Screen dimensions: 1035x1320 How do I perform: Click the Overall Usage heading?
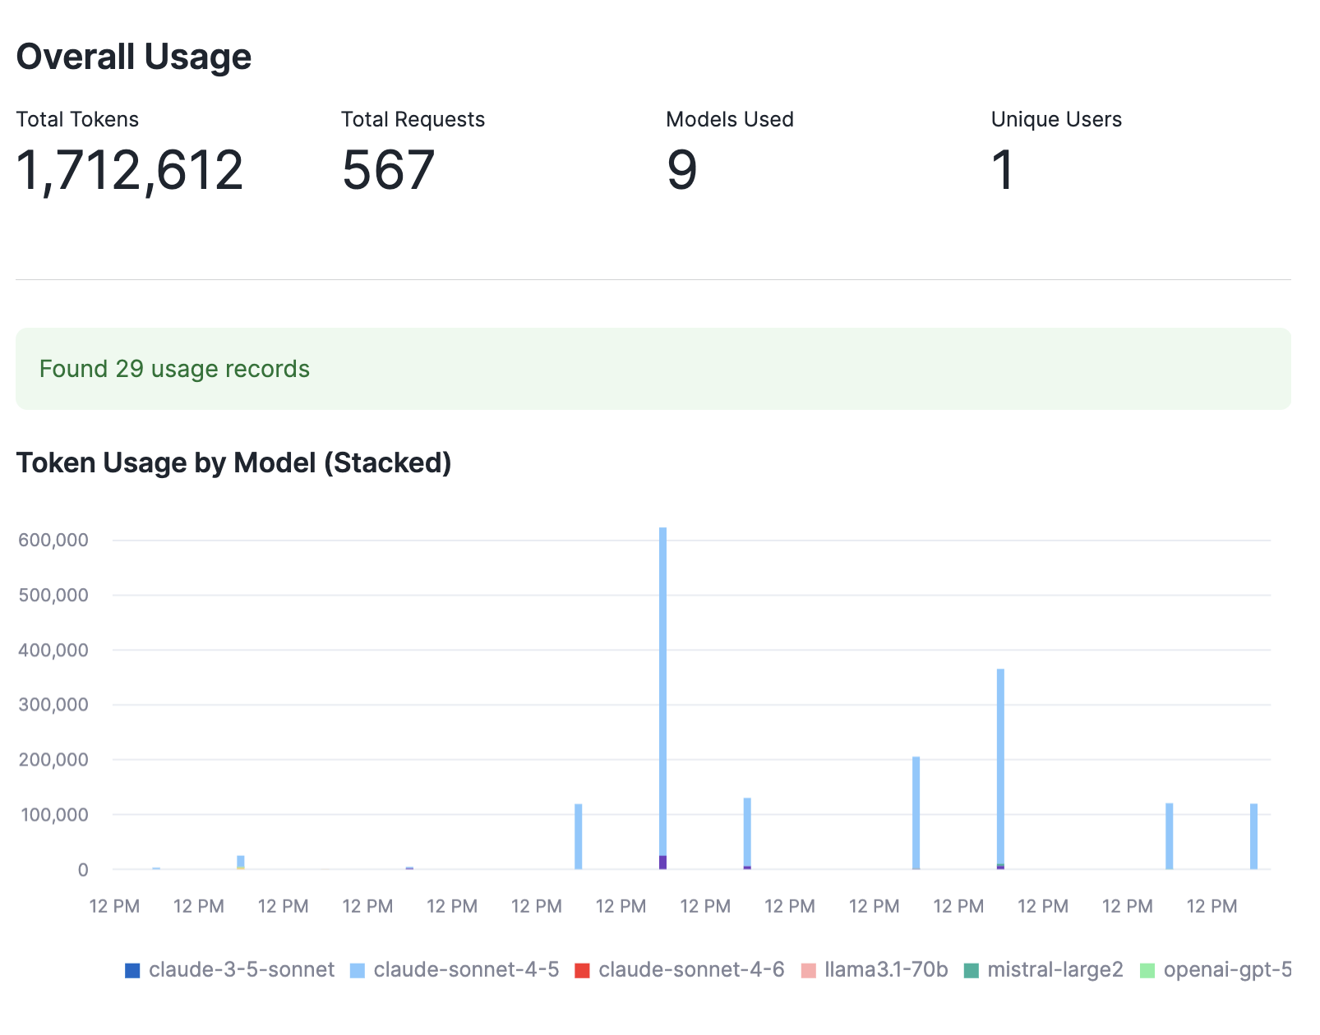pyautogui.click(x=134, y=57)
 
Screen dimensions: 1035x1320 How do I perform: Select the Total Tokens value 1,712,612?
pyautogui.click(x=130, y=170)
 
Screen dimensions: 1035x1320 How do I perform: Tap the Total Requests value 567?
pyautogui.click(x=388, y=170)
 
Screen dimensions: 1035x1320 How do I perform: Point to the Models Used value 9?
pyautogui.click(x=681, y=170)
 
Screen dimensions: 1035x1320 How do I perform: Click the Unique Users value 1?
pyautogui.click(x=1003, y=170)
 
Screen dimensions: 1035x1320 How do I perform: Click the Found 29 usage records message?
pyautogui.click(x=174, y=369)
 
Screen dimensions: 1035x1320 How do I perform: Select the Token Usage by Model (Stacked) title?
pyautogui.click(x=234, y=462)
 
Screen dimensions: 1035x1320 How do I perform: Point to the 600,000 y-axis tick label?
pyautogui.click(x=53, y=540)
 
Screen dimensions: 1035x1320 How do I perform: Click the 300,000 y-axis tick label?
pyautogui.click(x=53, y=705)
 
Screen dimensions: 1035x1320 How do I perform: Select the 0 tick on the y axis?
pyautogui.click(x=82, y=870)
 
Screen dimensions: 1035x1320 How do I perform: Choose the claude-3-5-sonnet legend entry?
pyautogui.click(x=230, y=970)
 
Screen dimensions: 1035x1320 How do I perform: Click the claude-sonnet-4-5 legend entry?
pyautogui.click(x=455, y=970)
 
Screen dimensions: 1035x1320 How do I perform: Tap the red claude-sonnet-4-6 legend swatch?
pyautogui.click(x=582, y=971)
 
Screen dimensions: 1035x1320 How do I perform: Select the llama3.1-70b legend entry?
pyautogui.click(x=875, y=970)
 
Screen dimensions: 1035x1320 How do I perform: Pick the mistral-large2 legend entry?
pyautogui.click(x=1043, y=970)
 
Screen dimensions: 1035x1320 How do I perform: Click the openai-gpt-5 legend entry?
pyautogui.click(x=1216, y=970)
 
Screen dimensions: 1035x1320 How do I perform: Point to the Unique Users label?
pyautogui.click(x=1056, y=119)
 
